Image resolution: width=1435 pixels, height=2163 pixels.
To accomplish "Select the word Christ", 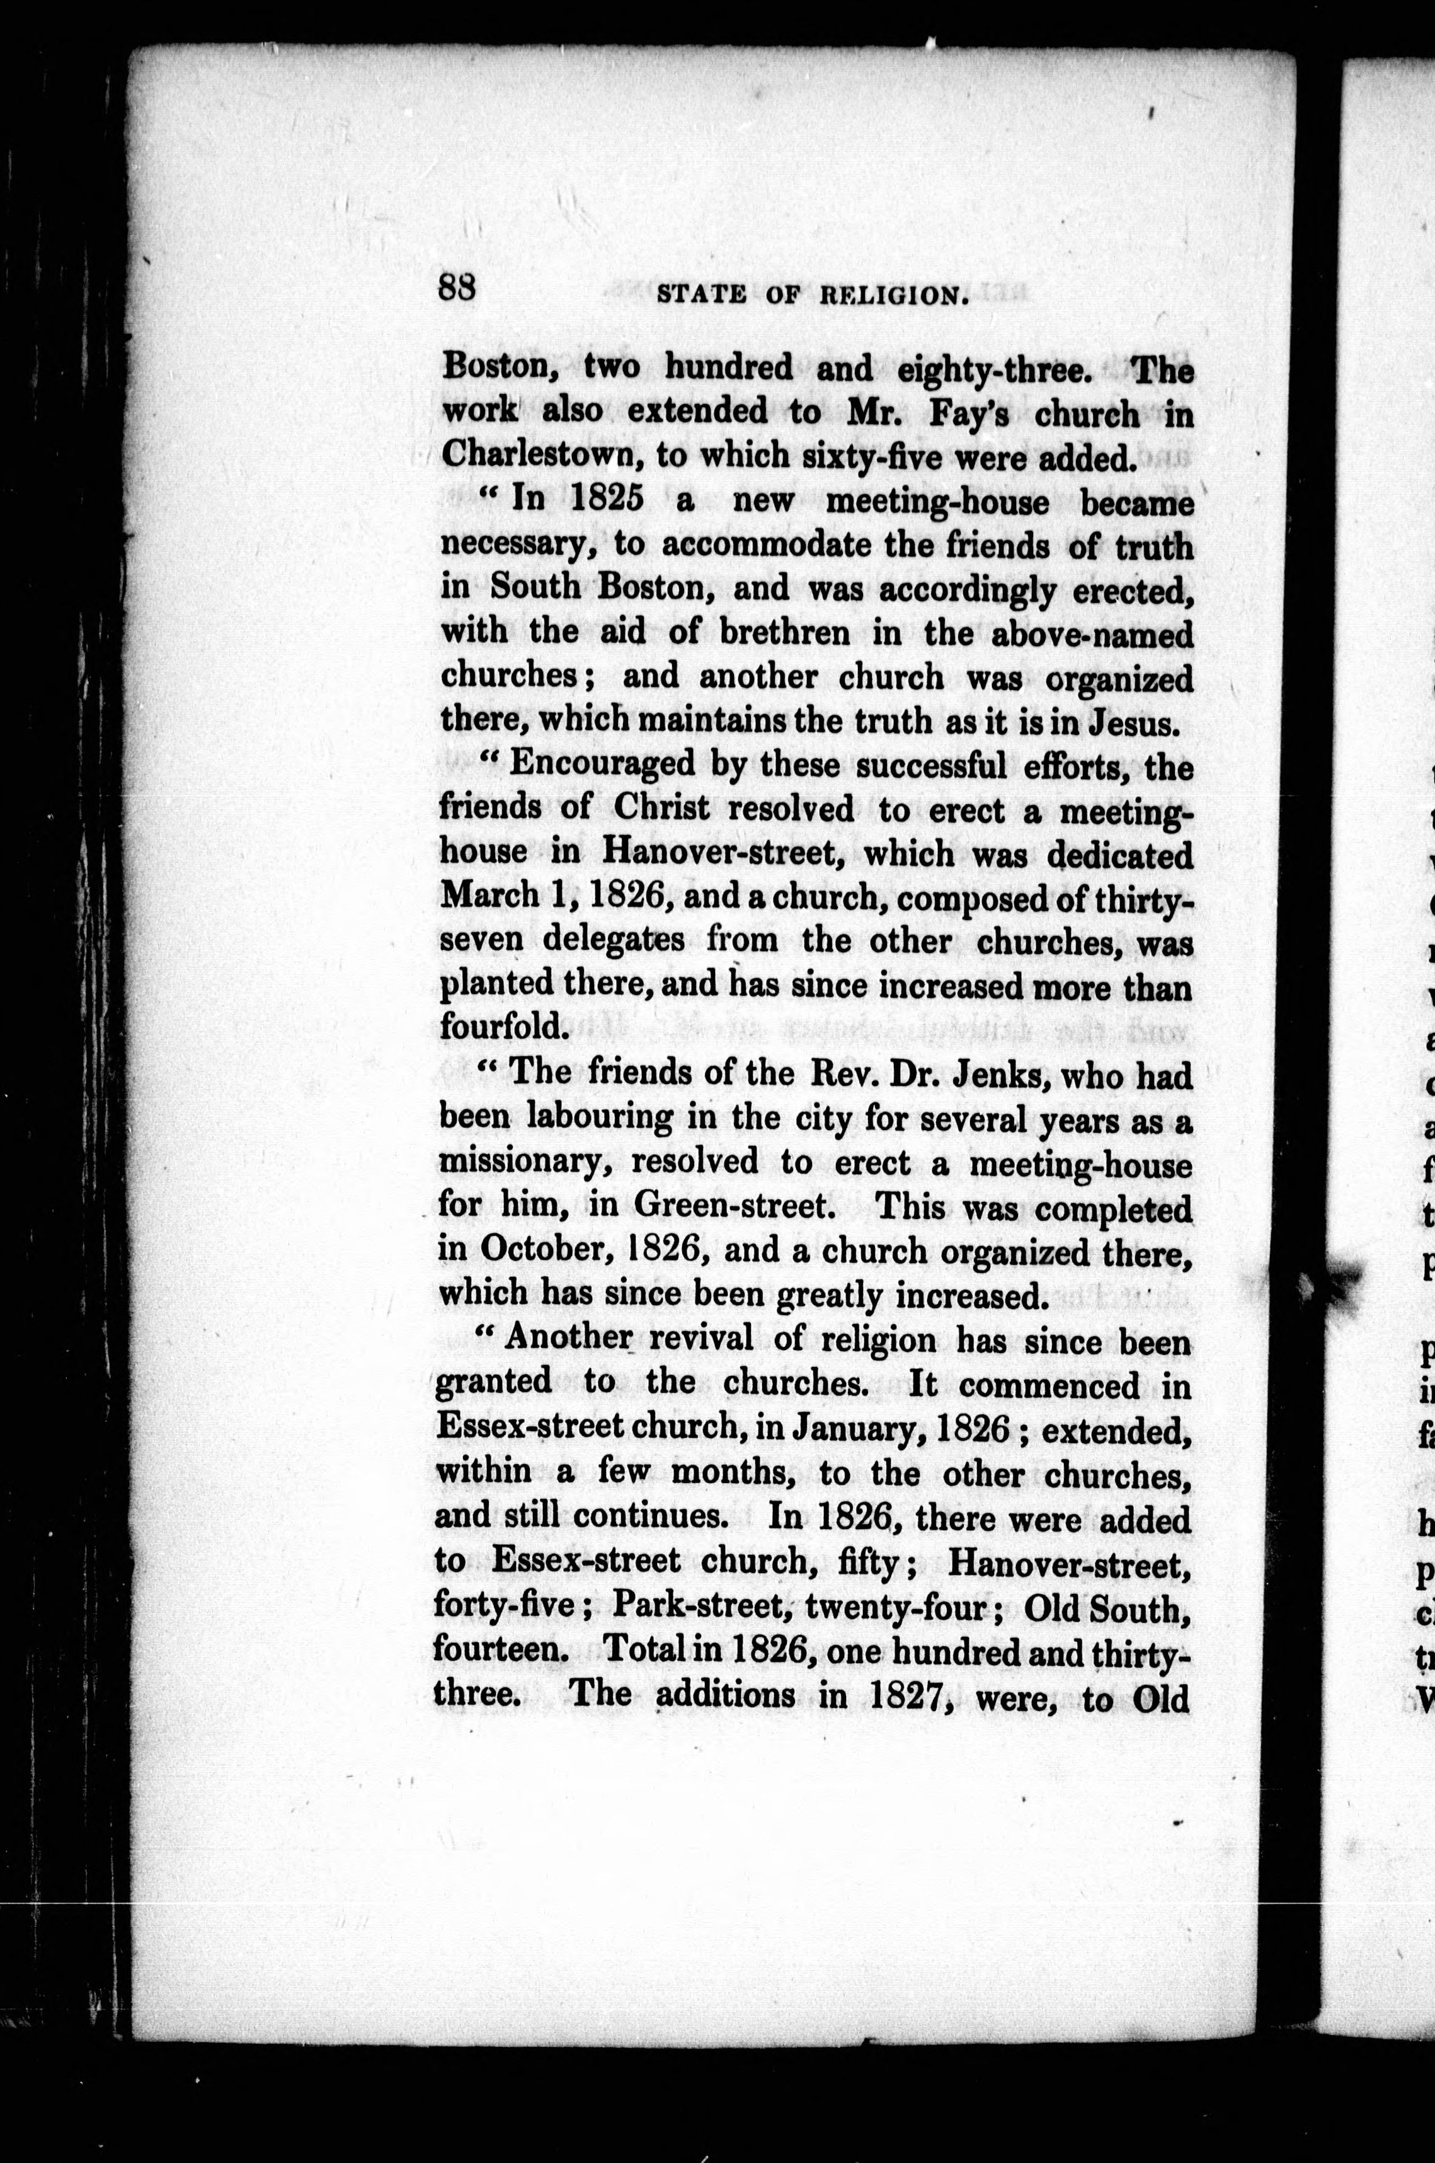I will click(661, 808).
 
